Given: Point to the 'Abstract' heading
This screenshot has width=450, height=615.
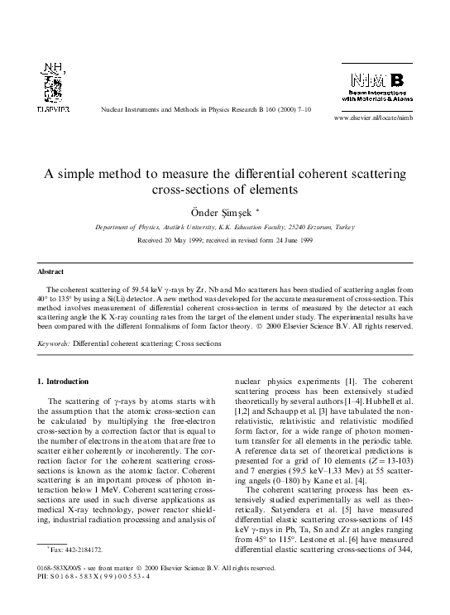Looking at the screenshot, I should (x=52, y=271).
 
